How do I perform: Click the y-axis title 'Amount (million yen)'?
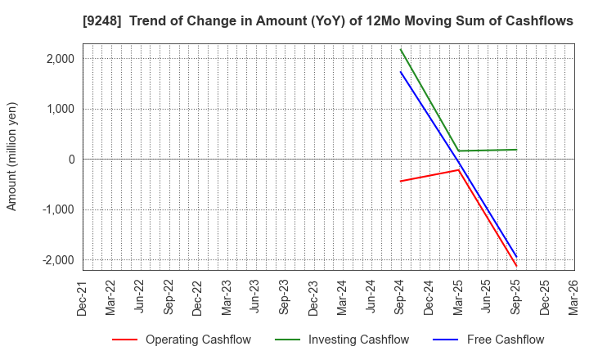pos(12,156)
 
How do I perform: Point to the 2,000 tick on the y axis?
pos(60,59)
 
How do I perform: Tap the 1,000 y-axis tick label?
pos(60,109)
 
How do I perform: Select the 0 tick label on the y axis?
pos(71,160)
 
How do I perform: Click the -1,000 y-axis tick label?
pos(58,209)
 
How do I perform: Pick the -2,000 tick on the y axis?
pos(58,260)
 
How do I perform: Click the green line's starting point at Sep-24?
pos(400,49)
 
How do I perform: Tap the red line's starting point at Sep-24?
pos(400,181)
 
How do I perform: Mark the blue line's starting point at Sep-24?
pos(400,71)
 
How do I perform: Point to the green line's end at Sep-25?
pos(516,150)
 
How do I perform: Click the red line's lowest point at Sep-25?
pos(516,266)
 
